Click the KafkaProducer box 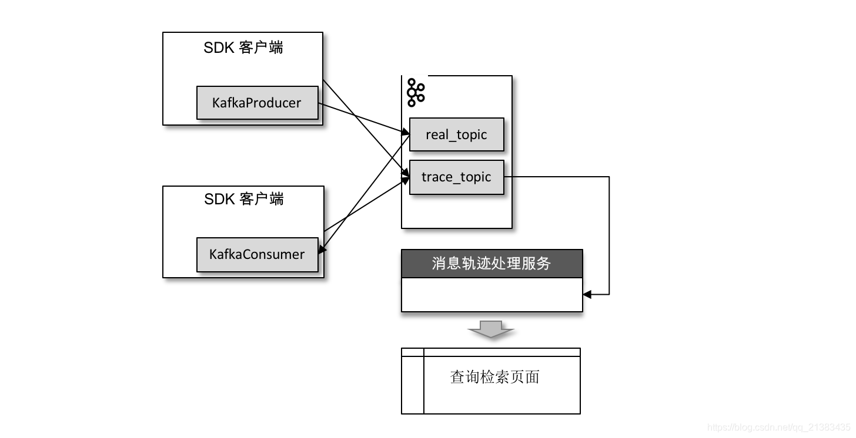tap(257, 103)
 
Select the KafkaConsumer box tap(257, 255)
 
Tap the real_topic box tap(456, 135)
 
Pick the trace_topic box tap(456, 177)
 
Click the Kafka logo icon tap(416, 93)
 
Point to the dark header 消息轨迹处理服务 tap(491, 264)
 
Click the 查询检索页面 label tap(494, 377)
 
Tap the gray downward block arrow tap(491, 329)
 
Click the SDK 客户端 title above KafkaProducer tap(243, 48)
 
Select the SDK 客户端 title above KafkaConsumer tap(243, 200)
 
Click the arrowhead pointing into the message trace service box tap(587, 294)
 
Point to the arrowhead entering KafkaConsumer tap(322, 249)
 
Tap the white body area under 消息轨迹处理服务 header tap(491, 294)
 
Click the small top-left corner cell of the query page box tap(412, 352)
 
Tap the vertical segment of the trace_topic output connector tap(609, 235)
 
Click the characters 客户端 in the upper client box tap(261, 48)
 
